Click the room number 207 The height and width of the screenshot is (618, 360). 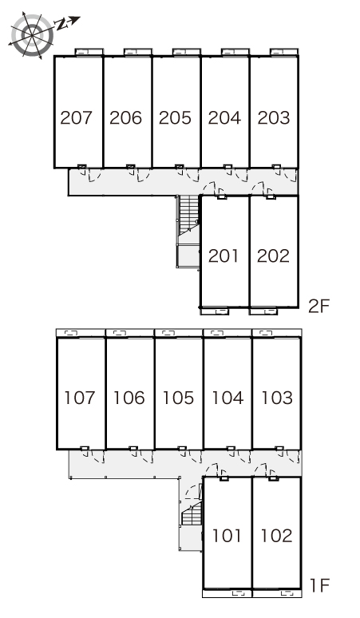coord(77,117)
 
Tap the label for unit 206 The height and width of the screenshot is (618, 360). coord(125,117)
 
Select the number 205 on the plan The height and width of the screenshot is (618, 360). coord(175,117)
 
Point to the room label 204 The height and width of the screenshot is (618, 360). coord(224,117)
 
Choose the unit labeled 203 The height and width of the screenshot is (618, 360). coord(274,117)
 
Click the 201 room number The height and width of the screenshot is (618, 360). coord(224,256)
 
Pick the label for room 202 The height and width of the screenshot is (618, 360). coord(273,256)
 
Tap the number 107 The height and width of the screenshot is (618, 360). coord(80,398)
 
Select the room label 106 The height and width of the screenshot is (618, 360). coord(129,398)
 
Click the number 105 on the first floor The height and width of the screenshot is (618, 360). coord(178,398)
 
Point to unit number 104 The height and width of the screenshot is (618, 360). coord(227,398)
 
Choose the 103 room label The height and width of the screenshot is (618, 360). coord(277,398)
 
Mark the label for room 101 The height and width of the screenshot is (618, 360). coord(227,536)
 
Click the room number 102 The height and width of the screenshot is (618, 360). coord(276,536)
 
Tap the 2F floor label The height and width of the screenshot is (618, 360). coord(318,306)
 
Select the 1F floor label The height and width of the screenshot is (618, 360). coord(319,585)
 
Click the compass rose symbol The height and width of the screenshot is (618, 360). coord(31,35)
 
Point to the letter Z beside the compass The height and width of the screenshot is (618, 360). coord(61,25)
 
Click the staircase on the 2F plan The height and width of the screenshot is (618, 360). coord(188,231)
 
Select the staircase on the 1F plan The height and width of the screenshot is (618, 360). coord(192,513)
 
